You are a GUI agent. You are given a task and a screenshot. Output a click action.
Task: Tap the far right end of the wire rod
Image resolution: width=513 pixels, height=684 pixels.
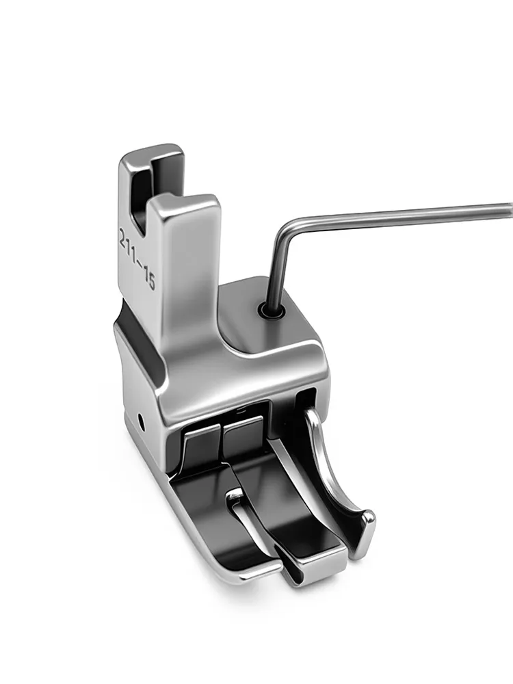point(510,209)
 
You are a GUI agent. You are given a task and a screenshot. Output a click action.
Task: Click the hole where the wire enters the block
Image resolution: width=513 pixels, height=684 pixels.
point(270,311)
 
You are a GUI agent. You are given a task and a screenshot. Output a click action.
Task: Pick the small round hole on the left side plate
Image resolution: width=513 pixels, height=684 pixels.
point(142,421)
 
